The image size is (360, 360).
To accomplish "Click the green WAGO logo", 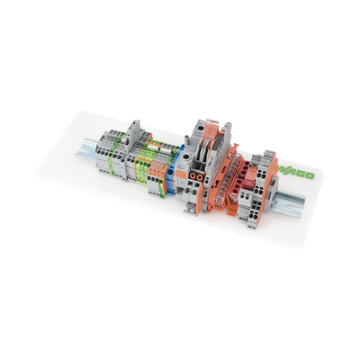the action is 297,173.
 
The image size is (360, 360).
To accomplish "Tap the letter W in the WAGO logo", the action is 283,170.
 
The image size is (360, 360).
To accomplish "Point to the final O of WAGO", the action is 310,175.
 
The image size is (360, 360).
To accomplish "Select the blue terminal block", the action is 173,174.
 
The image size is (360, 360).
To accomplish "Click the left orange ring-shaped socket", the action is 192,175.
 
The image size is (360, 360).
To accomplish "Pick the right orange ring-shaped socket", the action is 198,176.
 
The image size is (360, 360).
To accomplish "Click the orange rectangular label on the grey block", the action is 181,174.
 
